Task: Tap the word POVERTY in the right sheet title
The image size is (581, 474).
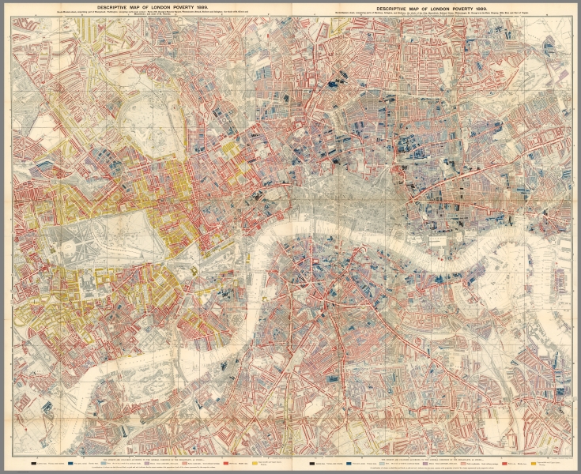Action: [469, 6]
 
